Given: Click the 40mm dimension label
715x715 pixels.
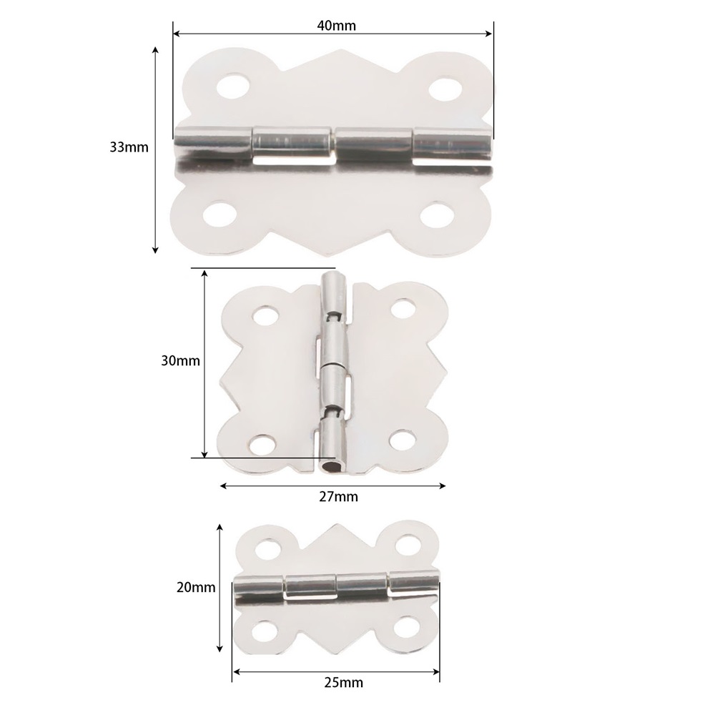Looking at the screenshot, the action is [337, 26].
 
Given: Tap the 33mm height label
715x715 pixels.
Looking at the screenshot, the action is [129, 147].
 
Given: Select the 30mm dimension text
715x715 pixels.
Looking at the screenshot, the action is [181, 360].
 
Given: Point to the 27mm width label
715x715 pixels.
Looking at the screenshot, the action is [338, 497].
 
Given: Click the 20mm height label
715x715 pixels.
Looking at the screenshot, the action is [196, 587].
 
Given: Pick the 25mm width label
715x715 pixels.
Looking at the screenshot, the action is [344, 683].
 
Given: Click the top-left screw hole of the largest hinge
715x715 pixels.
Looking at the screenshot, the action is [232, 86].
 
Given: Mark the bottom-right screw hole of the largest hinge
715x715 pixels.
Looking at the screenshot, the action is [436, 214].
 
